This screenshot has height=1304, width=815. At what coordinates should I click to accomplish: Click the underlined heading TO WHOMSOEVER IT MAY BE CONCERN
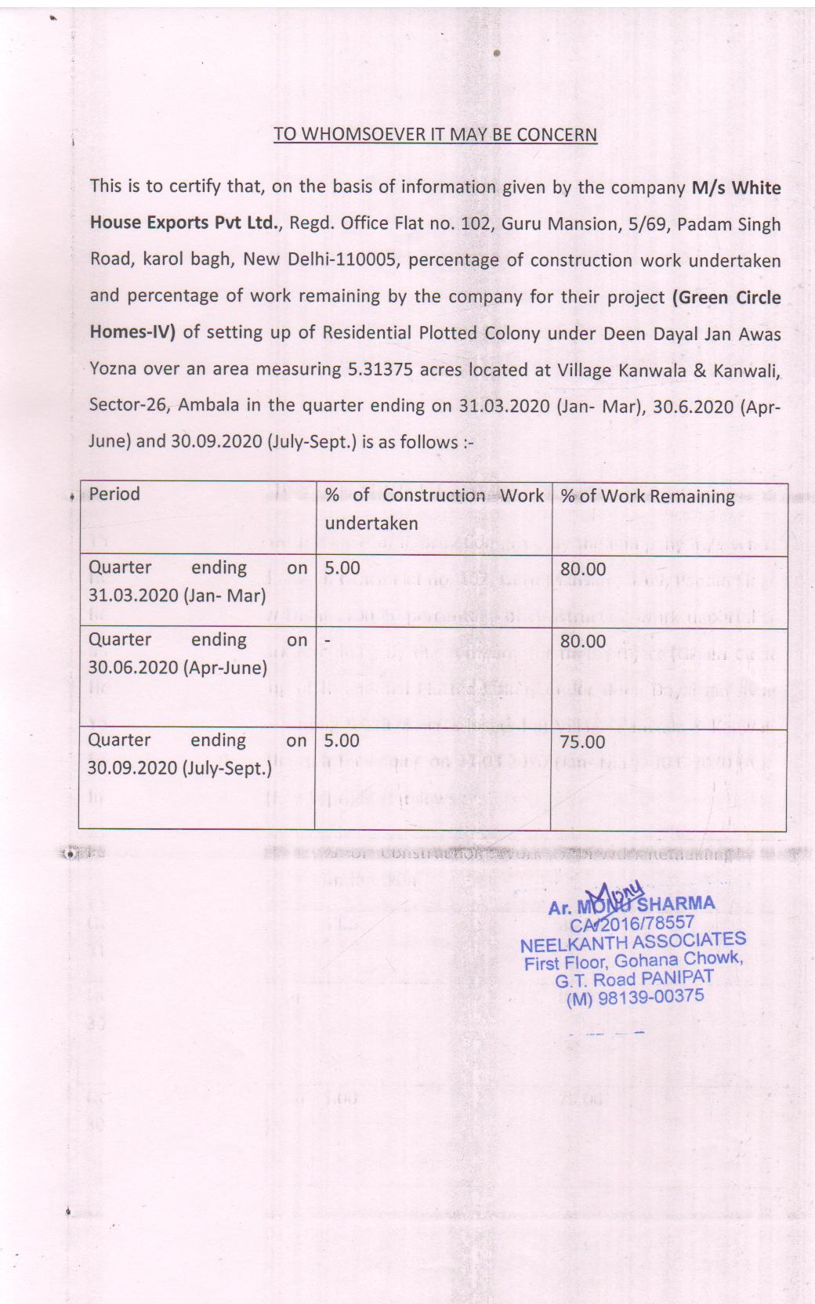435,134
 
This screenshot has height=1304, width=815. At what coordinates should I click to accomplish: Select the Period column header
114,494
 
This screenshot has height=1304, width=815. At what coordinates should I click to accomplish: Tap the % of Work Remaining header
647,496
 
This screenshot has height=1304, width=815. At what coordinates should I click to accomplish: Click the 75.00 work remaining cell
582,741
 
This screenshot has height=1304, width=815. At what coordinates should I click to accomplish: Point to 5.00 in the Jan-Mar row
342,568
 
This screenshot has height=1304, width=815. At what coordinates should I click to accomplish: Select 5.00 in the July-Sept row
342,741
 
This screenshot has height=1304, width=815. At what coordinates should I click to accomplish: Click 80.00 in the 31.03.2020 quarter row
583,569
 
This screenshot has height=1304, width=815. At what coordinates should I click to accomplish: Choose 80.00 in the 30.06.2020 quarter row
583,641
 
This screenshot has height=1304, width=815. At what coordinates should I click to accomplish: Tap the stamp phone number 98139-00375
650,997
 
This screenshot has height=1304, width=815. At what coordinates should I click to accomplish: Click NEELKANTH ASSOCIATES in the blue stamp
633,941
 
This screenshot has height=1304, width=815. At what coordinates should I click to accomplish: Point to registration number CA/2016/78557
632,923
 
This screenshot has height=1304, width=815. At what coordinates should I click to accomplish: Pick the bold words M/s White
736,188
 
